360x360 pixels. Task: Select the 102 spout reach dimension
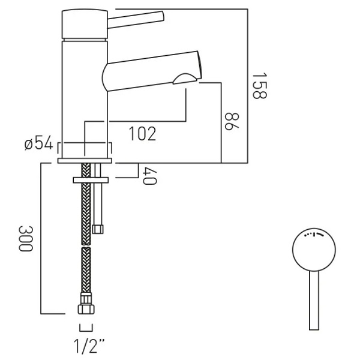(142, 133)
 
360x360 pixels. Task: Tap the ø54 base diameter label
(39, 145)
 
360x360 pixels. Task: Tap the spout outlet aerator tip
(186, 76)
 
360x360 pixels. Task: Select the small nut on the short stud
(99, 228)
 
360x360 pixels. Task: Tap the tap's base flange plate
(85, 161)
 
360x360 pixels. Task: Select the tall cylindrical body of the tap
(85, 96)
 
